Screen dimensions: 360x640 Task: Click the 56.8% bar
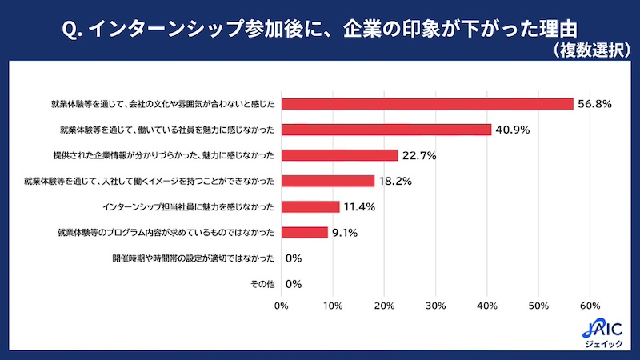(427, 104)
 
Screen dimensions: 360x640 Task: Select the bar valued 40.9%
(386, 130)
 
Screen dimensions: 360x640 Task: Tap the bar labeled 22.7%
(339, 155)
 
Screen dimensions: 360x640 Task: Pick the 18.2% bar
(327, 181)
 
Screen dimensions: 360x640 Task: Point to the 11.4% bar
(310, 207)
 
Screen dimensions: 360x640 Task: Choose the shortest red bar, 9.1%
(304, 233)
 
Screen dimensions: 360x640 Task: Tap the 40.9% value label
(512, 130)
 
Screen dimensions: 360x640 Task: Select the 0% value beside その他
(293, 284)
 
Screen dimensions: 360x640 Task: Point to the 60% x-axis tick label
(590, 305)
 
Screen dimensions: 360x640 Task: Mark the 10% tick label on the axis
(333, 305)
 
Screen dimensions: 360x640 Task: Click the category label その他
(262, 284)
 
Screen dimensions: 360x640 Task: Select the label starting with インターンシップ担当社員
(189, 207)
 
